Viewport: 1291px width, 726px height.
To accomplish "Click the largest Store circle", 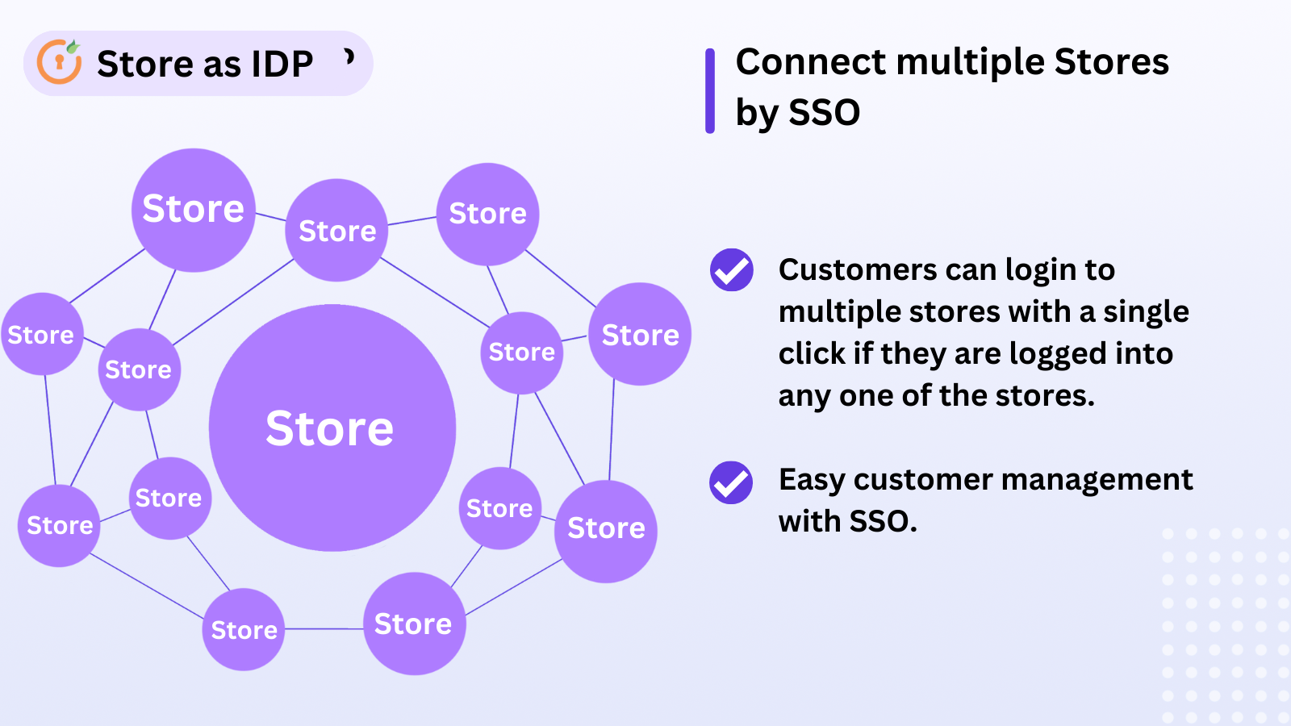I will click(x=332, y=428).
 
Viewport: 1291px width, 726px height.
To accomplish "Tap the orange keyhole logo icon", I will click(x=60, y=62).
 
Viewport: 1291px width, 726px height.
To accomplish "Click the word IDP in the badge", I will click(x=282, y=64).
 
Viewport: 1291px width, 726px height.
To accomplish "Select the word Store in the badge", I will click(x=145, y=64).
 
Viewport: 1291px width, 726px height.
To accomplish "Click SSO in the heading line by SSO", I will click(x=824, y=112).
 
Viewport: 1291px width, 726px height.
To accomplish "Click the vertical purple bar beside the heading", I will click(x=710, y=90).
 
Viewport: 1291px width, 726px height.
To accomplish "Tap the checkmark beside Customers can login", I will click(x=731, y=269).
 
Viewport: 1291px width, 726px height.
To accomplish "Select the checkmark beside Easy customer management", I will click(x=731, y=482).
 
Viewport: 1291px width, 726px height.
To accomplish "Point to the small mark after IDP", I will click(x=349, y=56).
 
